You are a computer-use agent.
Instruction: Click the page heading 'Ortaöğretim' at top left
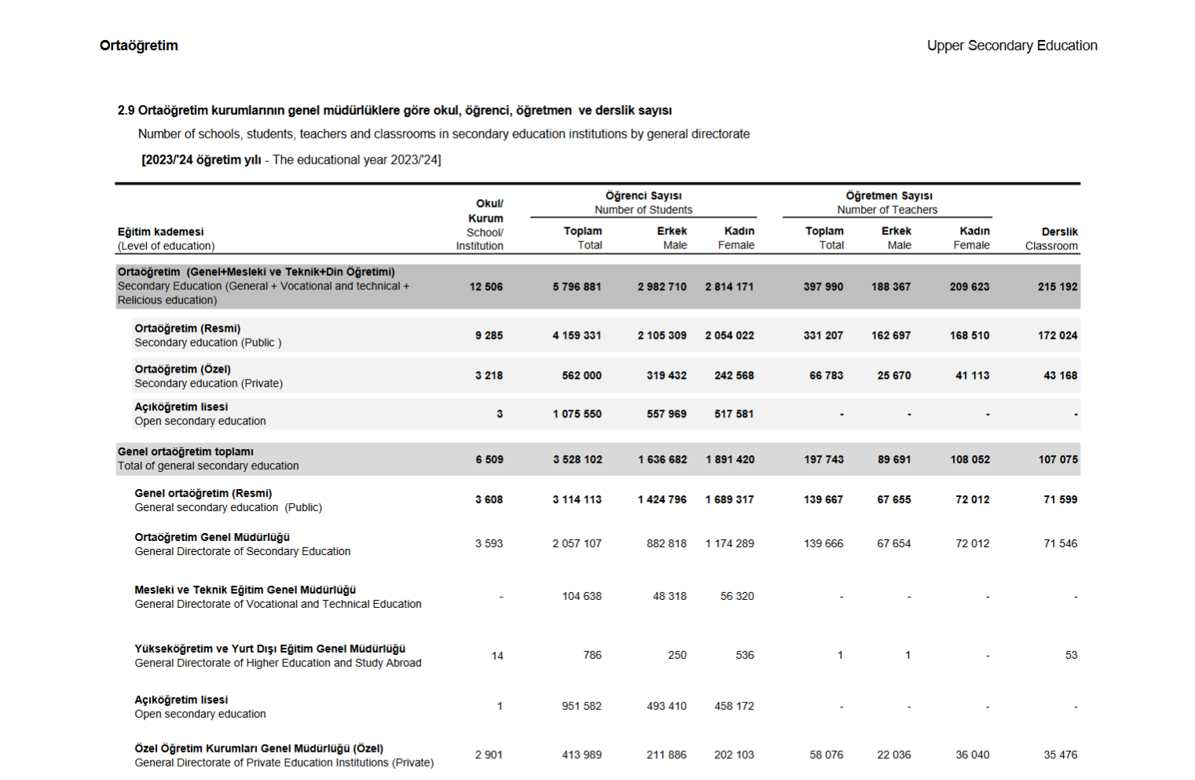tap(138, 46)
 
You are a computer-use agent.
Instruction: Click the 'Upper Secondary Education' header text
tap(1011, 46)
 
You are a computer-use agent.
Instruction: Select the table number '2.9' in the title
tap(126, 110)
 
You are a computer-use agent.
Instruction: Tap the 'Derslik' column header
tap(1059, 232)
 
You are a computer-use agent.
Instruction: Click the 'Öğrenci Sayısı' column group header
tap(643, 196)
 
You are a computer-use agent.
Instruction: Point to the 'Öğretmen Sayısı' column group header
tap(889, 196)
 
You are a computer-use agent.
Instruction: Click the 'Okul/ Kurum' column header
tap(488, 211)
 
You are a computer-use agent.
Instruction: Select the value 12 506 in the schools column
tap(486, 287)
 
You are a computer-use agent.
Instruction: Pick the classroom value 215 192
tap(1057, 287)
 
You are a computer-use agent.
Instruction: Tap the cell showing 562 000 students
tap(581, 376)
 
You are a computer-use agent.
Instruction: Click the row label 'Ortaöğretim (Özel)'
tap(182, 369)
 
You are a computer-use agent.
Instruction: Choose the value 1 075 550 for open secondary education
tap(577, 414)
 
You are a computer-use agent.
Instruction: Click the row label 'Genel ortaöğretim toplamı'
tap(185, 451)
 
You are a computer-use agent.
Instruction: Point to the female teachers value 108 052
tap(970, 460)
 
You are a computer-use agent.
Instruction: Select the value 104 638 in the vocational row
tap(581, 597)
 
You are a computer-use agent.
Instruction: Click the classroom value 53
tap(1071, 656)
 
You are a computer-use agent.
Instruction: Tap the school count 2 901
tap(488, 756)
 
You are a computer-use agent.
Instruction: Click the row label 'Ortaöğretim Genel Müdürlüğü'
tap(212, 537)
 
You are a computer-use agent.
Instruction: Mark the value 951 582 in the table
tap(581, 707)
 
